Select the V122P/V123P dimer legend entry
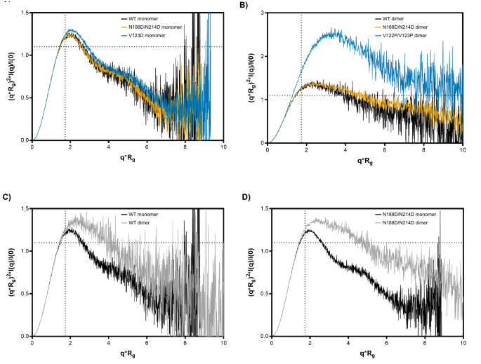point(405,34)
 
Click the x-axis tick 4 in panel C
point(109,344)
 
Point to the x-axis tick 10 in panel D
point(463,344)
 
